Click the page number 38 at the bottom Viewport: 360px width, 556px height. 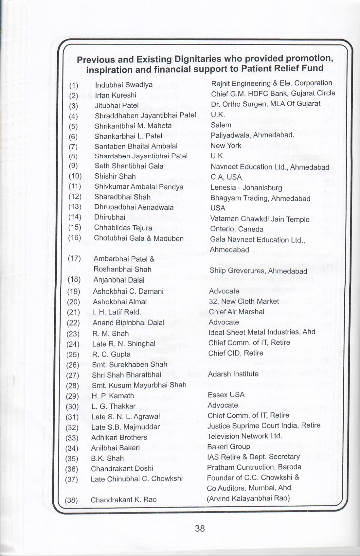200,528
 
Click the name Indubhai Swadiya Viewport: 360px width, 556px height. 123,85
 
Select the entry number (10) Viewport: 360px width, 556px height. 75,176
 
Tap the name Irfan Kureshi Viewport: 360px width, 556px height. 115,95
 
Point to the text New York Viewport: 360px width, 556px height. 226,146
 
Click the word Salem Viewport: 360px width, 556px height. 221,125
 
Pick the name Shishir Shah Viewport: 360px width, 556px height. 115,176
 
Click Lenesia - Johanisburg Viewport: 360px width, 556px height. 246,188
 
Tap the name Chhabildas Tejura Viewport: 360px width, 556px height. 123,228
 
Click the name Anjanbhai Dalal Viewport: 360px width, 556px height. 119,280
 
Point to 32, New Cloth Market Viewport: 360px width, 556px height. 244,301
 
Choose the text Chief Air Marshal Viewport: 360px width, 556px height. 236,312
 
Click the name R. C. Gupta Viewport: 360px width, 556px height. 111,354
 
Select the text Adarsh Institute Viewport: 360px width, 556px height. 233,374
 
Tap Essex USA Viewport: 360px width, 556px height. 226,395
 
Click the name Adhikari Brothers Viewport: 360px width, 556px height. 119,437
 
